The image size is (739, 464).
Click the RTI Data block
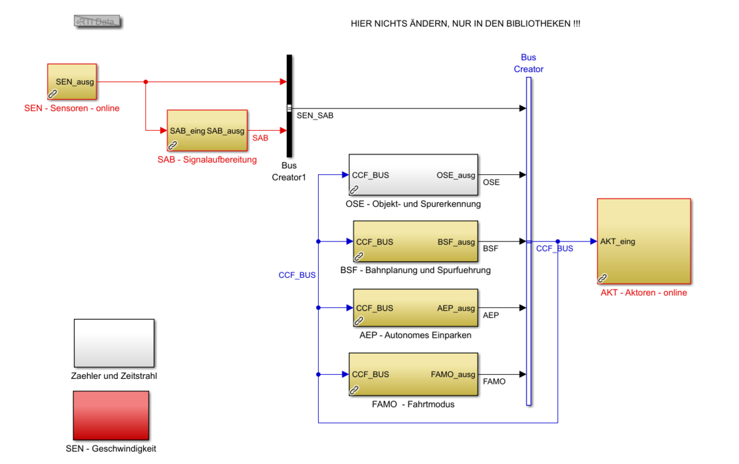pos(97,22)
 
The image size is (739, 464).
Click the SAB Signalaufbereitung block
pos(207,130)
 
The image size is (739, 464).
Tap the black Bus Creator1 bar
pos(289,105)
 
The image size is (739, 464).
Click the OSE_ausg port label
pos(456,175)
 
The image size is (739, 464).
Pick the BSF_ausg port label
pos(456,242)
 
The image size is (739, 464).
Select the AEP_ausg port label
pos(456,308)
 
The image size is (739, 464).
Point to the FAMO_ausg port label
pos(453,374)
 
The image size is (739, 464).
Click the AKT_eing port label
pos(618,242)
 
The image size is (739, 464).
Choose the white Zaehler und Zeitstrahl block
pos(114,343)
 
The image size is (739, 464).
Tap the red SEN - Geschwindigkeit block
pos(111,415)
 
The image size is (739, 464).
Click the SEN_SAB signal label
pos(315,115)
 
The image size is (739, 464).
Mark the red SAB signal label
pos(260,138)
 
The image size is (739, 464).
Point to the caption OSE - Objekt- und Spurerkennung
pos(413,203)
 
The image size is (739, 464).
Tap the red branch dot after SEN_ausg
pos(145,81)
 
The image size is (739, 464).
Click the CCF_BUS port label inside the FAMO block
pos(370,374)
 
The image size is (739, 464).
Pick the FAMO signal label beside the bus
pos(494,381)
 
